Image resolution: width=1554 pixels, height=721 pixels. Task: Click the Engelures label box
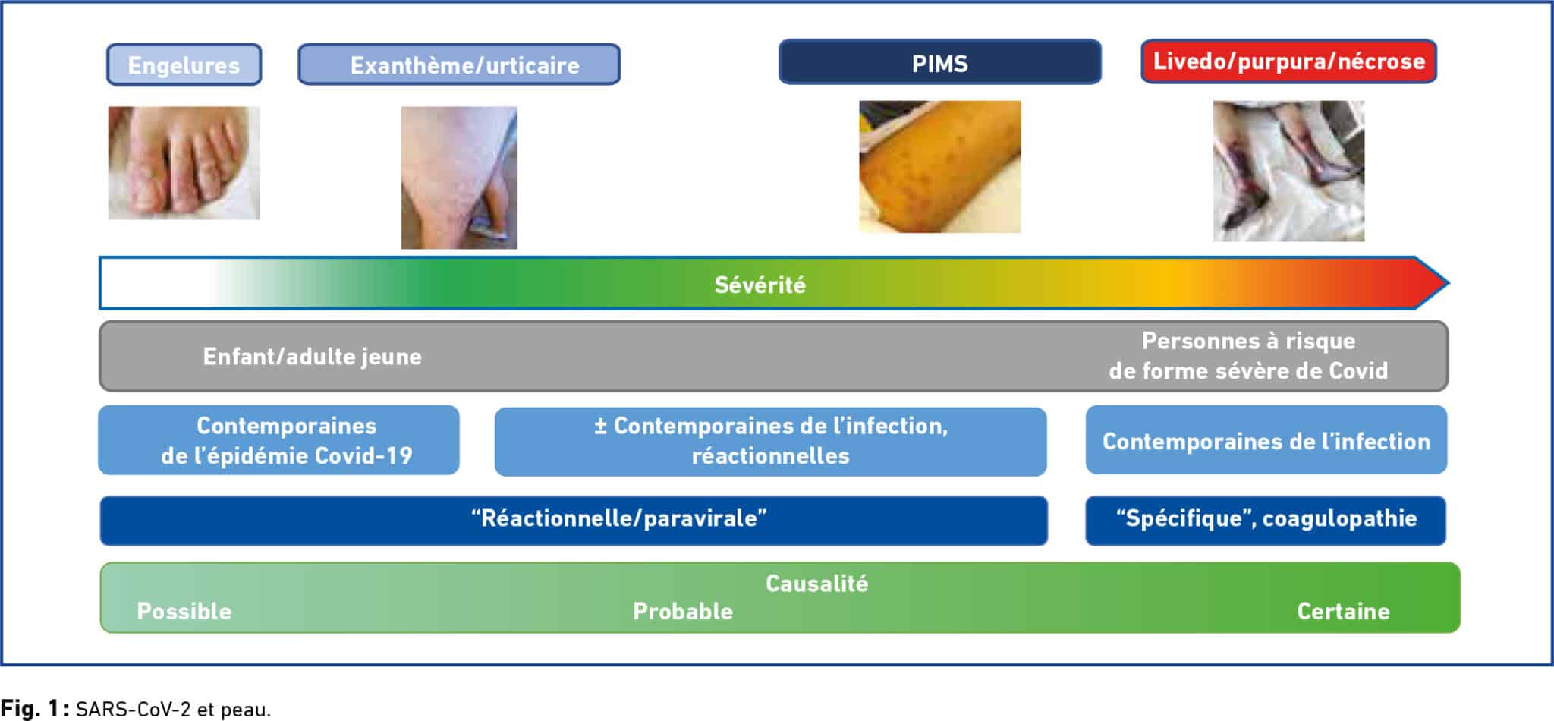point(184,65)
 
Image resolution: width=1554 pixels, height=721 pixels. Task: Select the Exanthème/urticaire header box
point(459,65)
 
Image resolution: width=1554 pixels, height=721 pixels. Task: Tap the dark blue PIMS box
point(940,62)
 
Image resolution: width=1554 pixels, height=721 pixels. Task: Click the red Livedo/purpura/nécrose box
point(1289,61)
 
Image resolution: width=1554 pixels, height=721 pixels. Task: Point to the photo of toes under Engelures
point(184,163)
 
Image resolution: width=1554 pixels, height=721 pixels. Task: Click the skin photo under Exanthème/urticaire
point(459,178)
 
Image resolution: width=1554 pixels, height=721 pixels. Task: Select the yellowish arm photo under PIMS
point(939,167)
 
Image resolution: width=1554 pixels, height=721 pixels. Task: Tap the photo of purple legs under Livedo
point(1288,172)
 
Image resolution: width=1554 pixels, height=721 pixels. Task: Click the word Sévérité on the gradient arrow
point(760,285)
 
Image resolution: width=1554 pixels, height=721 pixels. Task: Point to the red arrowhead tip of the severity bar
point(1448,283)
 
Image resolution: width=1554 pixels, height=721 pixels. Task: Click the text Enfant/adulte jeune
point(312,357)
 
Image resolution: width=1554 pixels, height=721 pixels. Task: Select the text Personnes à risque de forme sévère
point(1248,356)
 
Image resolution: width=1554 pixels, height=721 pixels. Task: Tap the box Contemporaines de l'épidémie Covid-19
point(278,440)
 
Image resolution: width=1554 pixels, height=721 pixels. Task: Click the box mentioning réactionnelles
point(771,441)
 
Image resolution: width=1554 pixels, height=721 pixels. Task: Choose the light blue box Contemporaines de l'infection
point(1266,440)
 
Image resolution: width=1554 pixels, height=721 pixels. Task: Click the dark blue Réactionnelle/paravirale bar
point(574,520)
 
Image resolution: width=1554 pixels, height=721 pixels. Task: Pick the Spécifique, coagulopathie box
point(1266,520)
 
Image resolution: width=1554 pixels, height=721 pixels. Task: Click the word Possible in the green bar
point(184,612)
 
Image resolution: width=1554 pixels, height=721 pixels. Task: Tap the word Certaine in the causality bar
point(1343,612)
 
